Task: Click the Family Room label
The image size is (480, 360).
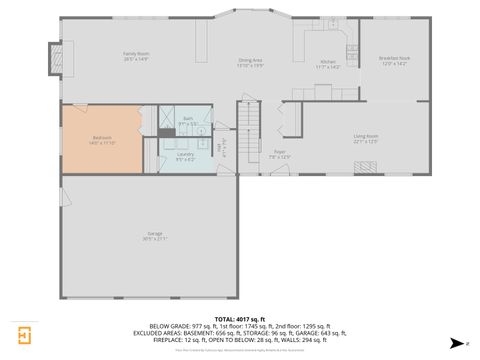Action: coord(136,56)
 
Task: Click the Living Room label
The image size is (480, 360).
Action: coord(365,138)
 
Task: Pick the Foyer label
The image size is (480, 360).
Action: coord(280,154)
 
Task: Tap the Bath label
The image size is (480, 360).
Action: coord(187,120)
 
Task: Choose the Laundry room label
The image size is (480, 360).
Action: coord(185,156)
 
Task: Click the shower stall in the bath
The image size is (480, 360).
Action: coord(165,119)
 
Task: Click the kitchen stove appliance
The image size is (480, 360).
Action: coord(351,49)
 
